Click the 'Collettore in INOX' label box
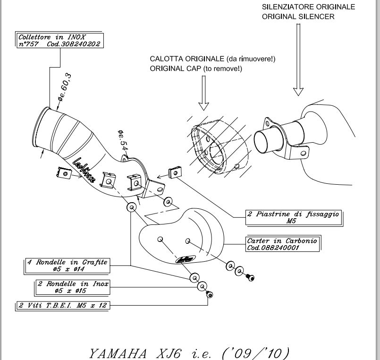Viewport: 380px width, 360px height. [x=59, y=40]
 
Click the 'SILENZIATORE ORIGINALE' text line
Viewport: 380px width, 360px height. [x=315, y=8]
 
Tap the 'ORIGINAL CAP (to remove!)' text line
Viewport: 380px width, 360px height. [x=196, y=69]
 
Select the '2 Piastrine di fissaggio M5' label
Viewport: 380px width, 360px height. [x=294, y=217]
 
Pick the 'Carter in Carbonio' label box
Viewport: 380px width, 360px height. [x=282, y=244]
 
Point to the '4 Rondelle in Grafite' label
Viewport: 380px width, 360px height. [x=68, y=266]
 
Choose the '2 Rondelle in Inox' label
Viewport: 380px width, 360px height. [x=73, y=287]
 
